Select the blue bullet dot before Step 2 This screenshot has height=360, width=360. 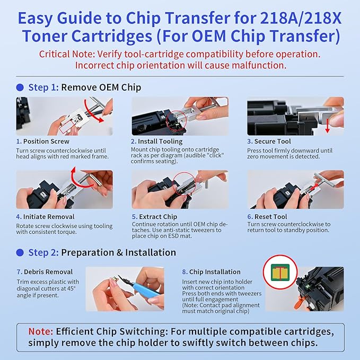pyautogui.click(x=20, y=252)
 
